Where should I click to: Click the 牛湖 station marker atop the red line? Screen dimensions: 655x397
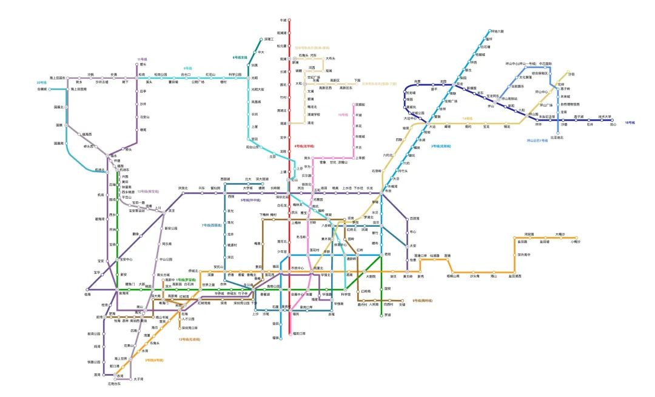(x=289, y=20)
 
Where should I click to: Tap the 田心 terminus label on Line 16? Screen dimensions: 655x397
(x=613, y=124)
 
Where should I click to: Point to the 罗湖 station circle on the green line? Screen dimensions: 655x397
(x=381, y=315)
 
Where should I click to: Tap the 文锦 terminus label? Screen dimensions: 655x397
(x=401, y=305)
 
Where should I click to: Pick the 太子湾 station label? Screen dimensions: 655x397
(x=139, y=379)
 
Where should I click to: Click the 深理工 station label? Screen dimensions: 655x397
(x=270, y=39)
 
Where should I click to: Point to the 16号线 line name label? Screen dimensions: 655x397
(x=630, y=122)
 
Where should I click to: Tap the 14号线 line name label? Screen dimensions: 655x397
(x=467, y=118)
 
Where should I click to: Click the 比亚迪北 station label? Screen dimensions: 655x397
(x=557, y=138)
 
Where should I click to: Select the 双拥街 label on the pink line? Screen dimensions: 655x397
(x=360, y=105)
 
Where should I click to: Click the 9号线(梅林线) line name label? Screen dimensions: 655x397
(x=422, y=301)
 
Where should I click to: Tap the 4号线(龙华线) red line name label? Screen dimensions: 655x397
(x=303, y=146)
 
